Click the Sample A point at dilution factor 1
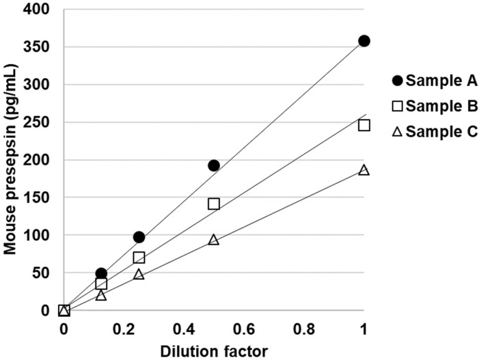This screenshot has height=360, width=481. pyautogui.click(x=364, y=41)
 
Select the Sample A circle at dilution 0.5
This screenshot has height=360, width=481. pyautogui.click(x=214, y=165)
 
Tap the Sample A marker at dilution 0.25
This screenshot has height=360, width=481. pyautogui.click(x=139, y=237)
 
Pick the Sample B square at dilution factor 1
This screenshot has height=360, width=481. pyautogui.click(x=364, y=125)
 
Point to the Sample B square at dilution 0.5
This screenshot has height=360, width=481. pyautogui.click(x=214, y=204)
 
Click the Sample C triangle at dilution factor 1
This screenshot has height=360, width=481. pyautogui.click(x=364, y=170)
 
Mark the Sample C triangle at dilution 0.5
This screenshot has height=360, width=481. pyautogui.click(x=214, y=240)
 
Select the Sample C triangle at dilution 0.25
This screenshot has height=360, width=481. pyautogui.click(x=139, y=275)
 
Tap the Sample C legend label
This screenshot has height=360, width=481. pyautogui.click(x=437, y=132)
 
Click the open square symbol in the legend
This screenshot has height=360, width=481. pyautogui.click(x=396, y=106)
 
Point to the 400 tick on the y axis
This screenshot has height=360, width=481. pyautogui.click(x=40, y=10)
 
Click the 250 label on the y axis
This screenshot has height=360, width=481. pyautogui.click(x=40, y=123)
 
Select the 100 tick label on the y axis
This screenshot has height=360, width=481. pyautogui.click(x=40, y=236)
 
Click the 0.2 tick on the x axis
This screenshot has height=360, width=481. pyautogui.click(x=123, y=329)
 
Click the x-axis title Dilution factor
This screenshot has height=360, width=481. pyautogui.click(x=213, y=350)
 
